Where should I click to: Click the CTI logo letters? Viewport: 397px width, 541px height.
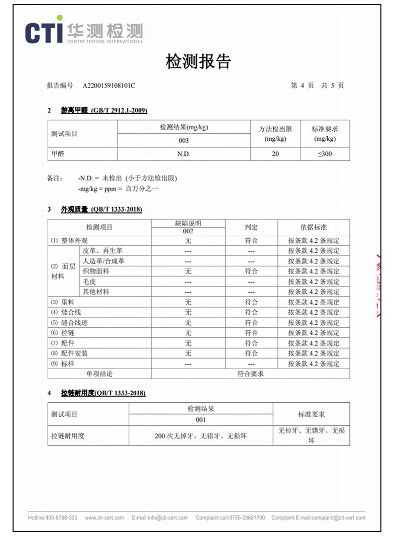(44, 32)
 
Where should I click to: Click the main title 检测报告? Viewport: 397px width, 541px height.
(198, 62)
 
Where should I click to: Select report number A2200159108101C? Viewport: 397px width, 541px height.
(109, 86)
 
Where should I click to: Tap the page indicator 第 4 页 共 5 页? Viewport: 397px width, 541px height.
(317, 86)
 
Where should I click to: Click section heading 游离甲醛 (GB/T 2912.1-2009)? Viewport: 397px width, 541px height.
(104, 111)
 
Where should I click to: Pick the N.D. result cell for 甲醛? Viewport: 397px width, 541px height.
(183, 154)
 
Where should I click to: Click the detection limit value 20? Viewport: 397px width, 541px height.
(275, 154)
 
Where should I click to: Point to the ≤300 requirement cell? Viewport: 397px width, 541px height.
(325, 154)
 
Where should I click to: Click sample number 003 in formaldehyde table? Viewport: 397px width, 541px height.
(183, 141)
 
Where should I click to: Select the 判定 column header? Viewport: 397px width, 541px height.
(251, 227)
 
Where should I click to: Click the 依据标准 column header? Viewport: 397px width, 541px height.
(314, 227)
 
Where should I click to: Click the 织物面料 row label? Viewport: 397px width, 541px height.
(96, 272)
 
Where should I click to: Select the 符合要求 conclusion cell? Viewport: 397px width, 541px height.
(250, 374)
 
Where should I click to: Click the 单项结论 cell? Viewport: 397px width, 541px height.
(100, 374)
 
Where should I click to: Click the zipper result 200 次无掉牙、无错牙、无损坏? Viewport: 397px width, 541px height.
(201, 436)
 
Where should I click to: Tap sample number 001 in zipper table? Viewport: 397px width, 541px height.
(201, 420)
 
